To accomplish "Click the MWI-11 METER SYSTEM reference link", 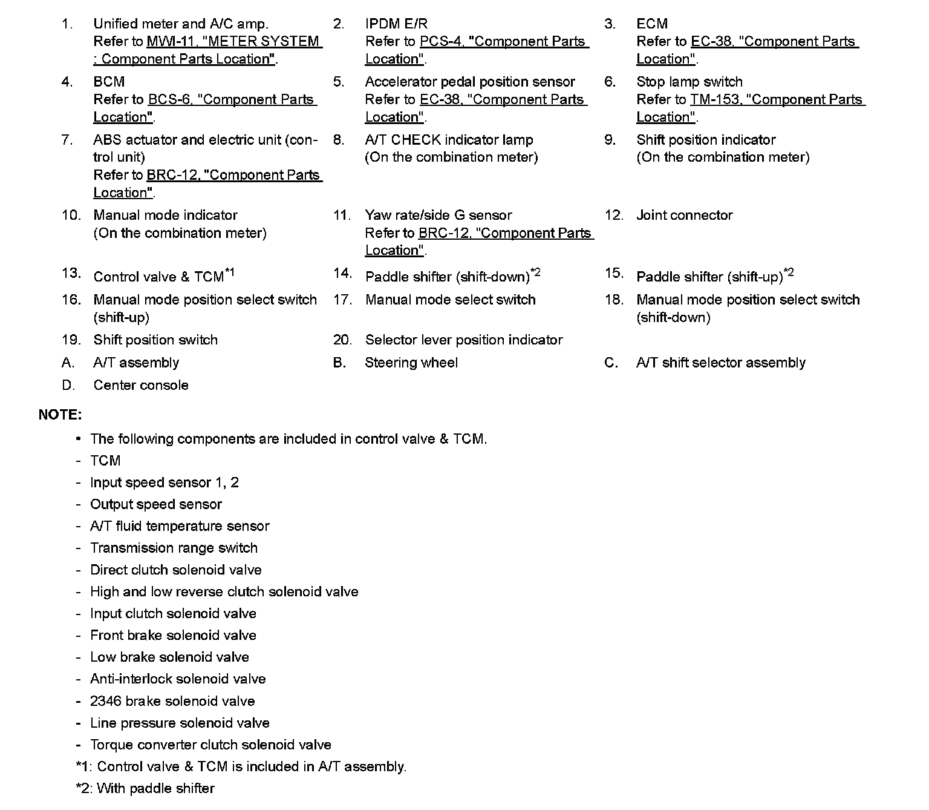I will tap(234, 42).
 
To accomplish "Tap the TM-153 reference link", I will tap(777, 100).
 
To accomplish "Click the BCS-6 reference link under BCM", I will tap(232, 100).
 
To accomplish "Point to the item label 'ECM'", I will tap(652, 24).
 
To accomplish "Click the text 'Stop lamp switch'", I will tap(689, 82).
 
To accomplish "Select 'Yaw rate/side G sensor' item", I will tap(438, 216).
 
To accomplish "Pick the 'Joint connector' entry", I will tap(684, 216).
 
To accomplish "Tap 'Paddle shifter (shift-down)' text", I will tap(448, 277).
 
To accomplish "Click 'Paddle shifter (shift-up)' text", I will tap(709, 277).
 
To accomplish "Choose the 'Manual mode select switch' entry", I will tap(450, 300).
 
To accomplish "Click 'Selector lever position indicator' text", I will tap(464, 340).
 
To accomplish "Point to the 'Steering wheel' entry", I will tap(411, 363).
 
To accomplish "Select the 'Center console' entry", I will tap(141, 386).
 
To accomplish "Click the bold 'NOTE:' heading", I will tap(60, 415).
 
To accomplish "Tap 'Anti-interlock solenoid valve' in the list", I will tap(178, 679).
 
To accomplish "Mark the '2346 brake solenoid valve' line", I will tap(172, 701).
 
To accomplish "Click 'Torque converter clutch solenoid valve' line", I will tap(210, 745).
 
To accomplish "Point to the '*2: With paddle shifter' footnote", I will tap(145, 788).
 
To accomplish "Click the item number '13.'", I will tap(71, 274).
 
